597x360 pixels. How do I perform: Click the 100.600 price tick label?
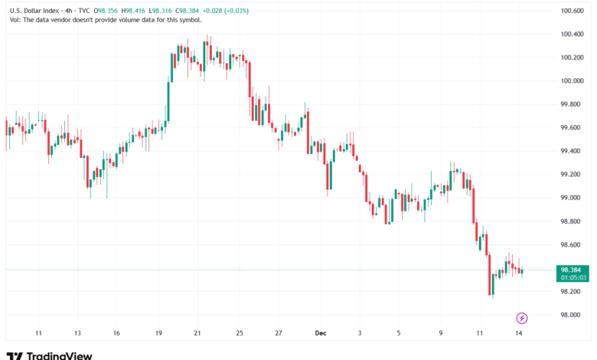click(573, 11)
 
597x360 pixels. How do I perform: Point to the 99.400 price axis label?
click(573, 151)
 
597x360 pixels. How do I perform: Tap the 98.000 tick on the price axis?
click(573, 315)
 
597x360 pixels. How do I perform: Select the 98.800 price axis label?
click(573, 221)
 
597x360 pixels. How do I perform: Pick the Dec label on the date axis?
click(320, 334)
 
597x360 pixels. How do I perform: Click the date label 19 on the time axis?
click(158, 334)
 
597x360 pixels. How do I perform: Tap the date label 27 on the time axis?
click(279, 334)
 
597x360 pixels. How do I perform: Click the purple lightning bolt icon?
click(522, 317)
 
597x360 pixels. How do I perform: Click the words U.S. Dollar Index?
click(31, 11)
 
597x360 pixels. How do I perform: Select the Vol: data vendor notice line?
click(103, 20)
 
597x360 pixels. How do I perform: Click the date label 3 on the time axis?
click(358, 334)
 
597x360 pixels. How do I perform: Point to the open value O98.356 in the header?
click(106, 11)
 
